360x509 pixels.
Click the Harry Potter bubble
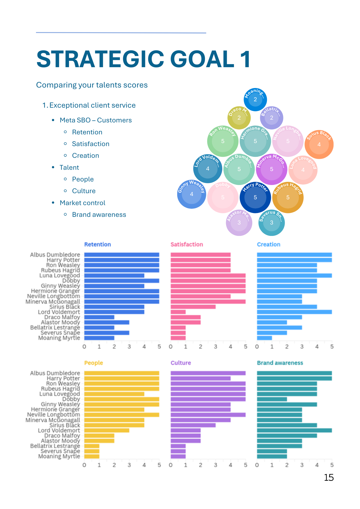pos(255,197)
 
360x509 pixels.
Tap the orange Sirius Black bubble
pos(319,145)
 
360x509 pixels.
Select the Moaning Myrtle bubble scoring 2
pos(255,100)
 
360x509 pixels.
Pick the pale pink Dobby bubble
pos(223,197)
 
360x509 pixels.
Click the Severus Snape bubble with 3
pos(271,223)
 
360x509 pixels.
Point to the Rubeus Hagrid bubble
pos(288,197)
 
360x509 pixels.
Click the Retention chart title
pos(98,244)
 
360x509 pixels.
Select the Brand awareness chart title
pos(280,363)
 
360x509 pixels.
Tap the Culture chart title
pos(181,363)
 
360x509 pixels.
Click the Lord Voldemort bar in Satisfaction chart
pos(178,312)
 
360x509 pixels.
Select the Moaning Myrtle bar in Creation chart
pos(264,338)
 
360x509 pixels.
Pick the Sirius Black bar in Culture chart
pos(193,425)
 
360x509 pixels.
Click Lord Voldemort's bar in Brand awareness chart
pos(294,430)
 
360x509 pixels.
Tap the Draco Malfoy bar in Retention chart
pos(99,317)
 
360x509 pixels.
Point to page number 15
pos(329,478)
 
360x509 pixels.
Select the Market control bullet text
pos(82,203)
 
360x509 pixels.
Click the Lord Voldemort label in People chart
pos(59,430)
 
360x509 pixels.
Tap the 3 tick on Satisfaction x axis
pos(215,347)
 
